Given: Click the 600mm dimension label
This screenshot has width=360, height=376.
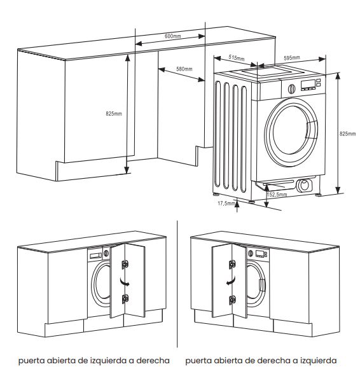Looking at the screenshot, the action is (x=172, y=36).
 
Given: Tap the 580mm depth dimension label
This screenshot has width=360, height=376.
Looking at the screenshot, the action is (x=184, y=69).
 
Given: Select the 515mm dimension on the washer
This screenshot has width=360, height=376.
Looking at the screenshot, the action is (x=237, y=57).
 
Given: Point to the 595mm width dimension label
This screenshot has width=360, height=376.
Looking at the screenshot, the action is (x=292, y=58).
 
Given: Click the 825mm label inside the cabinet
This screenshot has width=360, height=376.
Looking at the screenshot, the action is (x=114, y=114).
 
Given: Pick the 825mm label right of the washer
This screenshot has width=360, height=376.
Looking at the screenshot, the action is (x=347, y=134).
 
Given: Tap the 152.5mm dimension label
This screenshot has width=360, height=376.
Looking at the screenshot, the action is (x=277, y=195).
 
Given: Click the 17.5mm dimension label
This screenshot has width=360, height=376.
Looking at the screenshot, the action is (x=226, y=204).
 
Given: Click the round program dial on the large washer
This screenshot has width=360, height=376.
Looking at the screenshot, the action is (x=291, y=88).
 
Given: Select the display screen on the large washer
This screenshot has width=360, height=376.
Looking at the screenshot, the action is (x=308, y=84).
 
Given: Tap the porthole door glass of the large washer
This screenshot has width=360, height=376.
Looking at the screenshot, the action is (x=291, y=132).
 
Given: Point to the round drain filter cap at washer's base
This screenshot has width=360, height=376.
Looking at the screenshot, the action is (x=305, y=185).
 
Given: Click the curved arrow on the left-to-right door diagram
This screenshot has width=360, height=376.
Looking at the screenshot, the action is (x=125, y=282).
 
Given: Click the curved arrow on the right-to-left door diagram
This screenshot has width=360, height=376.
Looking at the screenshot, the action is (x=231, y=281).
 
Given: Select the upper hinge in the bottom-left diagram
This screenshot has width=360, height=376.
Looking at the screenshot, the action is (x=125, y=265).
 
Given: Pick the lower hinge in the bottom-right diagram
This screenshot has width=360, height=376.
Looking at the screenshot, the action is (x=232, y=300).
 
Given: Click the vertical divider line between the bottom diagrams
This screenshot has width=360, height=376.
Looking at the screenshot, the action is (x=177, y=284).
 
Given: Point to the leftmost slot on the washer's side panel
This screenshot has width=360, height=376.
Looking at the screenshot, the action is (x=218, y=134).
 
